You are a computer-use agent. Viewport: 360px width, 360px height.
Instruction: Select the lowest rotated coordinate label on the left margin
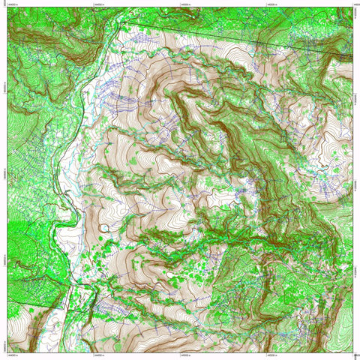coord(4,345)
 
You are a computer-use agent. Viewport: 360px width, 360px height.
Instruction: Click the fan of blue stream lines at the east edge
coord(330,180)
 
